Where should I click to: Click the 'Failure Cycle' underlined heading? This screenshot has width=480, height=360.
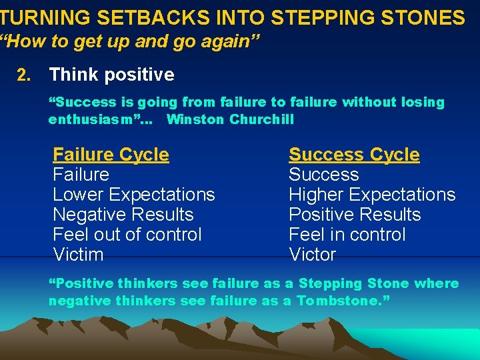[111, 155]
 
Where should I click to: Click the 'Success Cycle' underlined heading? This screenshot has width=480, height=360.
[354, 155]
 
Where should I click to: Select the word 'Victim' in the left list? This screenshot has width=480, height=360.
[78, 255]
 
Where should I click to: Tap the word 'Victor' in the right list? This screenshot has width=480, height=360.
[312, 255]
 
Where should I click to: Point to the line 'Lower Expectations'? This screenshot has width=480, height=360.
[133, 195]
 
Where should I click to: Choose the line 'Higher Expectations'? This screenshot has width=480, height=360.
[371, 195]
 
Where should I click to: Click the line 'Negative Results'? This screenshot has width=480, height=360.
[123, 215]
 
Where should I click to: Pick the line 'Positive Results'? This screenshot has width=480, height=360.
[355, 215]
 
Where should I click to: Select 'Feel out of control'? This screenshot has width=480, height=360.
[127, 235]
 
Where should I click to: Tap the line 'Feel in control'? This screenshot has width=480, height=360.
[347, 235]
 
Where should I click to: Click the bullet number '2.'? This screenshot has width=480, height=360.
[23, 75]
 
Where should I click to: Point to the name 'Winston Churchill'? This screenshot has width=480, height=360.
[230, 120]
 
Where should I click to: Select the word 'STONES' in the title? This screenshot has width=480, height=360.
[431, 18]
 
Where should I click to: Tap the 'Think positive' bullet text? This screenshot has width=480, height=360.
[111, 75]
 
